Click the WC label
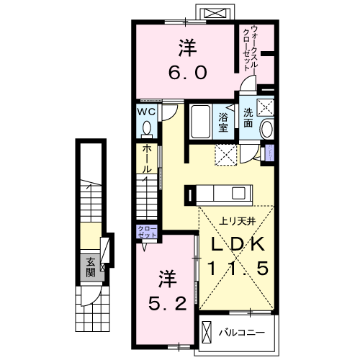pos(146,112)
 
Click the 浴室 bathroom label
pos(222,122)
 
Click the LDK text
pos(238,243)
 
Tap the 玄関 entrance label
pos(91,268)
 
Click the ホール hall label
pos(146,158)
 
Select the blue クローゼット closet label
pos(146,233)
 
